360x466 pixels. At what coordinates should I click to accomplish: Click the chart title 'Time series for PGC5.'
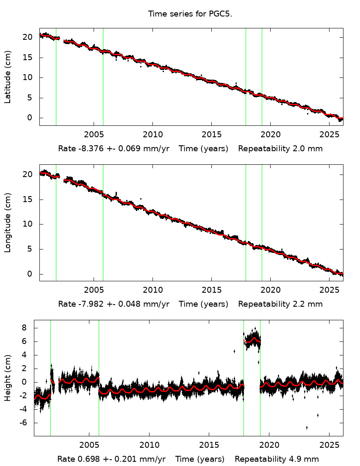pyautogui.click(x=190, y=14)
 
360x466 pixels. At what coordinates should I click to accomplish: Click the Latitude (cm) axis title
pyautogui.click(x=8, y=77)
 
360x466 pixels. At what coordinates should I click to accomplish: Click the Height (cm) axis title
pyautogui.click(x=8, y=378)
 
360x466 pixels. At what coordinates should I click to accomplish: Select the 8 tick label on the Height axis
pyautogui.click(x=24, y=328)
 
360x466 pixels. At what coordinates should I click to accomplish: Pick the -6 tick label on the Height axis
pyautogui.click(x=22, y=423)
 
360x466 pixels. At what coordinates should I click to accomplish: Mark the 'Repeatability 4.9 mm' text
pyautogui.click(x=277, y=459)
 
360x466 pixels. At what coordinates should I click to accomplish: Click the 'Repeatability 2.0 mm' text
pyautogui.click(x=280, y=149)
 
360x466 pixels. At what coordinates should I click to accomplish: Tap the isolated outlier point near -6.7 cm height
pyautogui.click(x=307, y=427)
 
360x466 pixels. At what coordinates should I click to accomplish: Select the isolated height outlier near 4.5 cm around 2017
pyautogui.click(x=234, y=351)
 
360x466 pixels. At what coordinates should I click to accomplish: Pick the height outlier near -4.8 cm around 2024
pyautogui.click(x=318, y=415)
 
